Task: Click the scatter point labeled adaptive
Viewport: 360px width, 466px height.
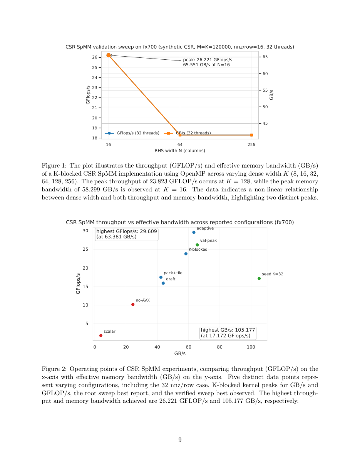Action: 194,232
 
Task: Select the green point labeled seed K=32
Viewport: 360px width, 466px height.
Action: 259,278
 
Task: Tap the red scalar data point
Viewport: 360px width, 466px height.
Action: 101,335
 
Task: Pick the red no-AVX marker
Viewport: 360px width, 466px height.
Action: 133,304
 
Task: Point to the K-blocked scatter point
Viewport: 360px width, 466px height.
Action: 186,254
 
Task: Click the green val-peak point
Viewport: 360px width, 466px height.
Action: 197,245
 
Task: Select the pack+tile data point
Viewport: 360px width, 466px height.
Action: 161,277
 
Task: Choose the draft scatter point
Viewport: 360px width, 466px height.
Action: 163,283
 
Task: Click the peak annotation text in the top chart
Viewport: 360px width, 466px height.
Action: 207,62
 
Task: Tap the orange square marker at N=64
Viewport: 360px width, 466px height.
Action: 180,135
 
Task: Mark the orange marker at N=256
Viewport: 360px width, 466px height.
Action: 251,135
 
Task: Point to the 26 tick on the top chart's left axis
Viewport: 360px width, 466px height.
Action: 95,57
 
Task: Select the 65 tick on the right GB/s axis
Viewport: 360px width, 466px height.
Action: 265,57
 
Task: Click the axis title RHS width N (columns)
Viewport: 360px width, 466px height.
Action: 180,151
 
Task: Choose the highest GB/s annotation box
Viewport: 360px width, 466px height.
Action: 228,333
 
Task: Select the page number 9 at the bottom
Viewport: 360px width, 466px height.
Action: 180,440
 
